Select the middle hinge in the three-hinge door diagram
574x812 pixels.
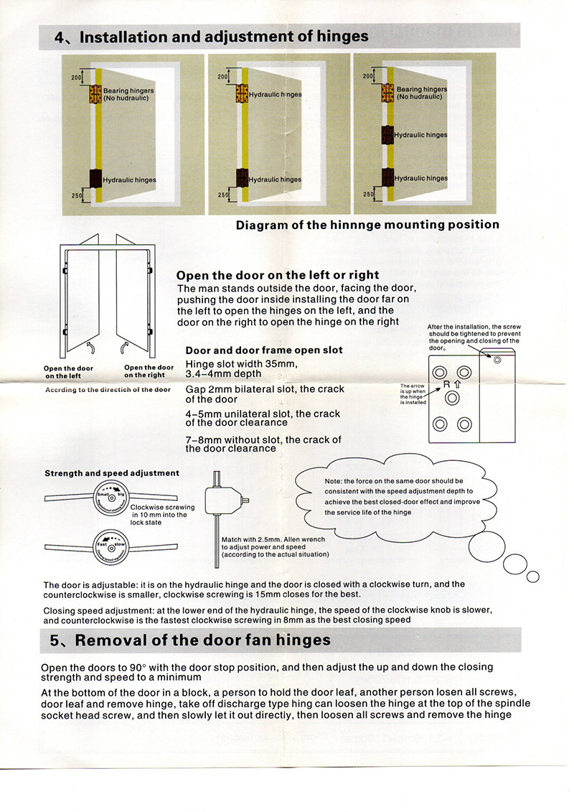pyautogui.click(x=388, y=134)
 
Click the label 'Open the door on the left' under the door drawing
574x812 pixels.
pyautogui.click(x=68, y=371)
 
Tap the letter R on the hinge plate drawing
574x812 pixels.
pyautogui.click(x=446, y=384)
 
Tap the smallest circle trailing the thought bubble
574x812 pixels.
pyautogui.click(x=532, y=577)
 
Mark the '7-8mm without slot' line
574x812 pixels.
pyautogui.click(x=263, y=439)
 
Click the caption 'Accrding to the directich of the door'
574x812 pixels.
pyautogui.click(x=108, y=390)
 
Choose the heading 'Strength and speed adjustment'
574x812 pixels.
pyautogui.click(x=112, y=473)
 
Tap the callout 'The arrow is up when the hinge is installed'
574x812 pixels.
pyautogui.click(x=413, y=393)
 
